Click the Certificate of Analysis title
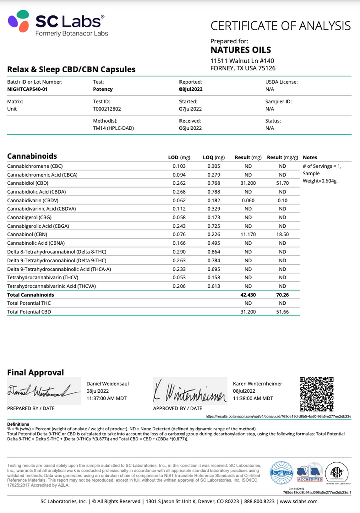[x=280, y=26]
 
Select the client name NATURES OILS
[x=241, y=50]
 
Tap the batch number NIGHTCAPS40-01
[x=29, y=89]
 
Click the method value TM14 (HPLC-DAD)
[x=114, y=128]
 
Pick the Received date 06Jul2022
[x=190, y=128]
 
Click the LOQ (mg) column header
[x=214, y=157]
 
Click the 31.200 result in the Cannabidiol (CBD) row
[x=248, y=184]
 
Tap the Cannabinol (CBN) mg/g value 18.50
[x=282, y=234]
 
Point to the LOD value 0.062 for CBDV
[x=179, y=200]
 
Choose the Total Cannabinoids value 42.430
[x=248, y=295]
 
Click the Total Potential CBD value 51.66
[x=282, y=312]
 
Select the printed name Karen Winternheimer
[x=258, y=383]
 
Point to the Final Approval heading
[x=35, y=372]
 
